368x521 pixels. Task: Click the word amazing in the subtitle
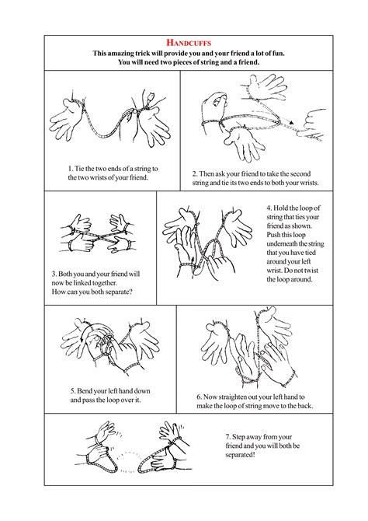click(131, 53)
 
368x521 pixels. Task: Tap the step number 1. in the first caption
click(71, 168)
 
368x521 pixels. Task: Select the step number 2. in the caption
click(196, 173)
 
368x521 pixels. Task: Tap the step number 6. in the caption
click(200, 395)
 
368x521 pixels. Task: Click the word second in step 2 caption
click(313, 173)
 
